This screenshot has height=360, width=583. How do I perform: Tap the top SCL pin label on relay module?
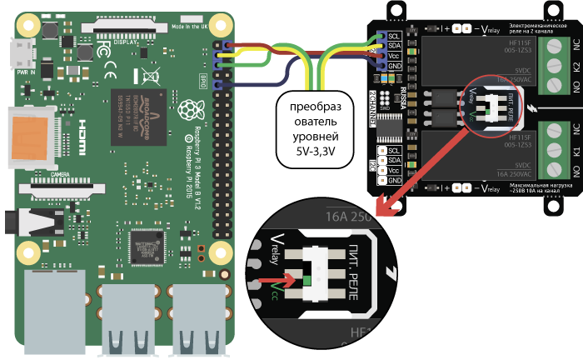pos(395,37)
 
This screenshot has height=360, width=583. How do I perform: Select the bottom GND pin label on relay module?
pos(395,180)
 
